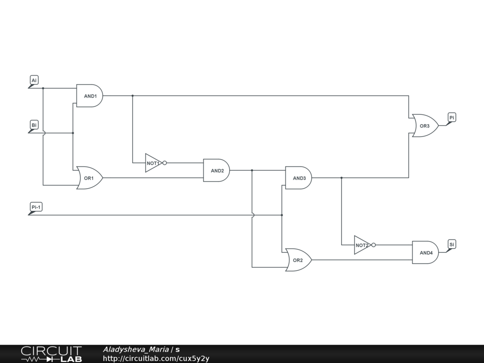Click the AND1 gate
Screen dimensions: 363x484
pyautogui.click(x=90, y=96)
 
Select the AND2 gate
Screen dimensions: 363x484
pyautogui.click(x=216, y=170)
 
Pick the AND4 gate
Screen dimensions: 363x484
pyautogui.click(x=425, y=252)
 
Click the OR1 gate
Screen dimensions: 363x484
pyautogui.click(x=89, y=178)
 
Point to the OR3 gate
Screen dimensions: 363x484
pyautogui.click(x=425, y=126)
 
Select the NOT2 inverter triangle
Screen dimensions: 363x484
pyautogui.click(x=362, y=245)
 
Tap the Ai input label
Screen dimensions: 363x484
pyautogui.click(x=34, y=81)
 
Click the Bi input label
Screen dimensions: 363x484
pyautogui.click(x=34, y=125)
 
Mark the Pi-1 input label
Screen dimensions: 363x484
pyautogui.click(x=36, y=207)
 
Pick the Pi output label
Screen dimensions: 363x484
pyautogui.click(x=452, y=117)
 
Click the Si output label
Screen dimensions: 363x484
pyautogui.click(x=452, y=244)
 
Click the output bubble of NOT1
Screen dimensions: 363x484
pyautogui.click(x=164, y=163)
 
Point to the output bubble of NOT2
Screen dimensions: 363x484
pyautogui.click(x=373, y=245)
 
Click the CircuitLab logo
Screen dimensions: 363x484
pyautogui.click(x=51, y=354)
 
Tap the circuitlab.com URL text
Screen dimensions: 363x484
pyautogui.click(x=156, y=358)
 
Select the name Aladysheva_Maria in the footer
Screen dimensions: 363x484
pyautogui.click(x=136, y=349)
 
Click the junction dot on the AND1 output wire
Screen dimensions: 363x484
pyautogui.click(x=132, y=95)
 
